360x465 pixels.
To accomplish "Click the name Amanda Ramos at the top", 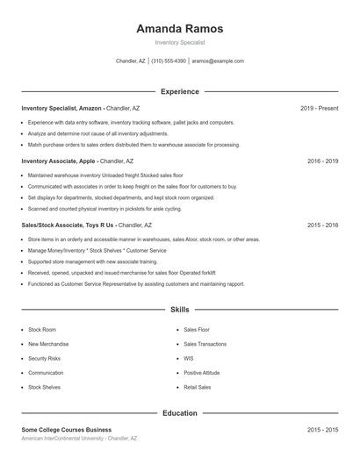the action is (x=179, y=29).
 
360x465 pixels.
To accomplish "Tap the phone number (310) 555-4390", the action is (x=169, y=61).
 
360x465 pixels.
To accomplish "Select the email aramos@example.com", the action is (x=218, y=61).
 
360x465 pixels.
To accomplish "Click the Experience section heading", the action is (x=179, y=91).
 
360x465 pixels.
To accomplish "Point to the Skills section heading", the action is (x=179, y=310).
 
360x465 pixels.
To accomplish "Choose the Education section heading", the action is (x=179, y=412).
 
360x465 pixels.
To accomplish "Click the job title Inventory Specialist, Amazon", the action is (x=62, y=108).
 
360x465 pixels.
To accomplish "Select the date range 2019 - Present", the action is (x=319, y=108).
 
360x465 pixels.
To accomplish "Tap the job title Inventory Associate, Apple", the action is (x=59, y=161).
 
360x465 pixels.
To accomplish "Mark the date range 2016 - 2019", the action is (x=322, y=161).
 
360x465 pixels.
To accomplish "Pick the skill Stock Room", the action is (x=41, y=330).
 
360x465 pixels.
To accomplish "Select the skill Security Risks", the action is (x=44, y=358).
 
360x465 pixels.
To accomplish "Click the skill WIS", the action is (x=188, y=358).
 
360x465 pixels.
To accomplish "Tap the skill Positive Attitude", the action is (x=201, y=372).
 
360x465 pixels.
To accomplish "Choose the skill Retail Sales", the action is (x=197, y=387).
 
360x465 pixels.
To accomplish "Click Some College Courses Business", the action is (x=67, y=430).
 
